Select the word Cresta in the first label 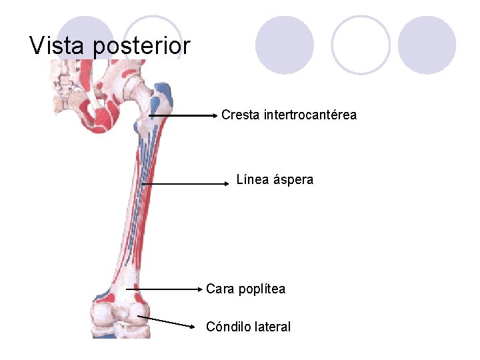(x=241, y=115)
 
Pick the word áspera (x=293, y=180)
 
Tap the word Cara (x=219, y=289)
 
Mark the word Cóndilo (x=228, y=327)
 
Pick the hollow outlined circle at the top (x=361, y=45)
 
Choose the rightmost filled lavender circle (x=427, y=45)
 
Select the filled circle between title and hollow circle (x=285, y=45)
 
